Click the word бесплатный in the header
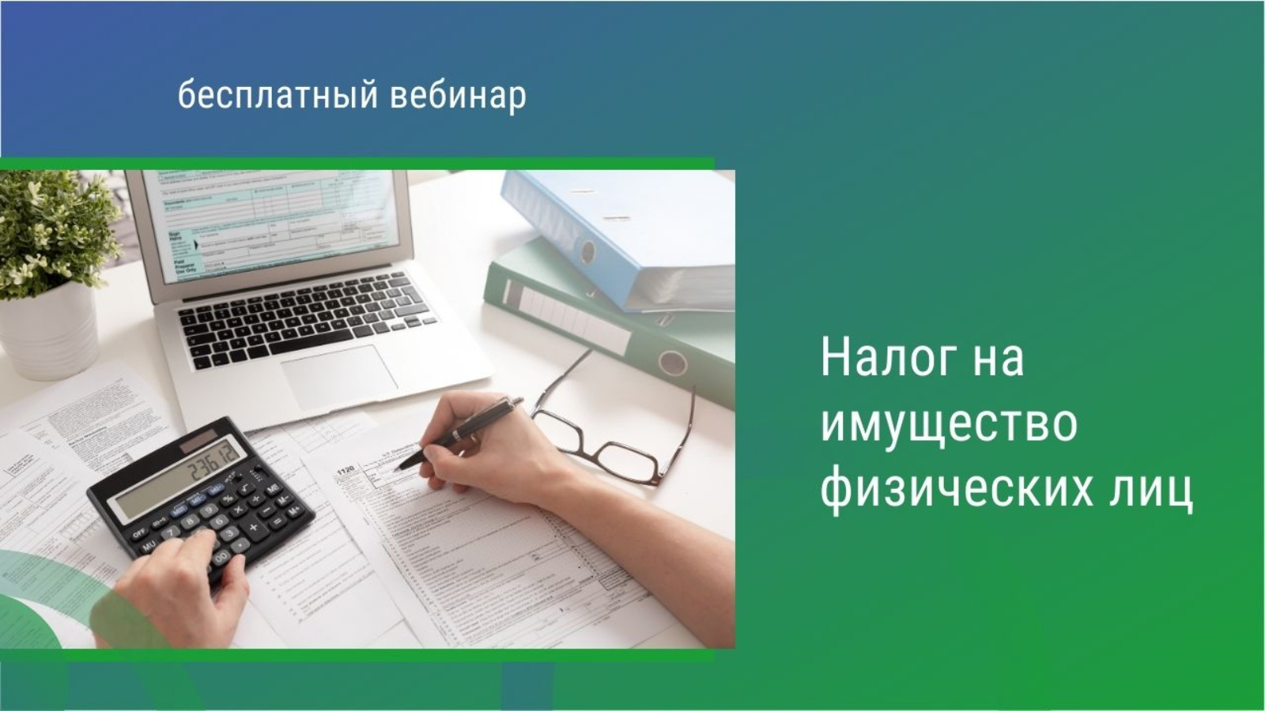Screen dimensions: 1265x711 [278, 96]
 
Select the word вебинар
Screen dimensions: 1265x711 [458, 95]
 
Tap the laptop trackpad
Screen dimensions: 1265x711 [339, 377]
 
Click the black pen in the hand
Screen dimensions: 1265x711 [459, 432]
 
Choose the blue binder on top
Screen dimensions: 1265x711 [618, 240]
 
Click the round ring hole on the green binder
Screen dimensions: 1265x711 [673, 363]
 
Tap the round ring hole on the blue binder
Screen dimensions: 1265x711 [587, 252]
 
